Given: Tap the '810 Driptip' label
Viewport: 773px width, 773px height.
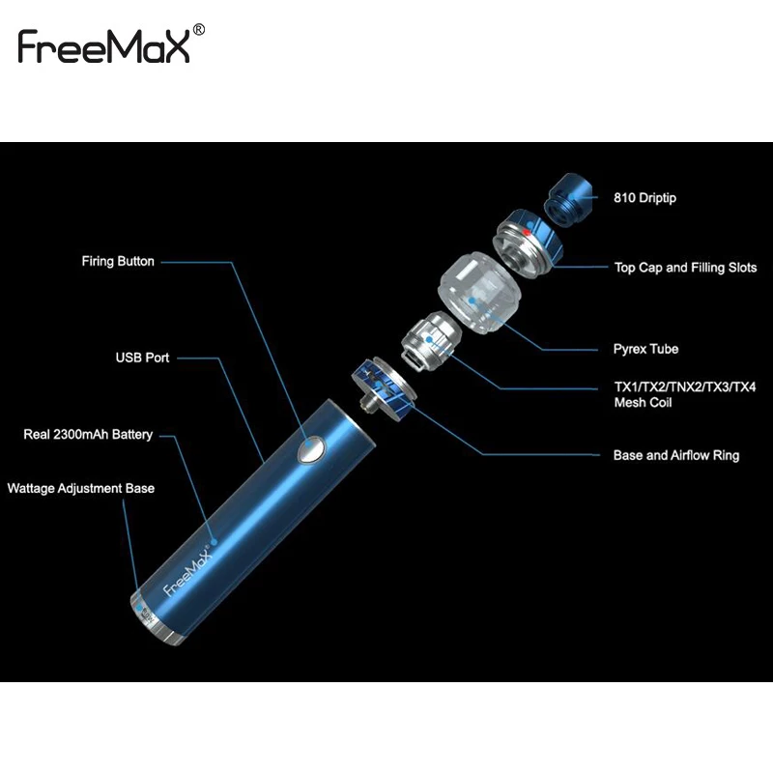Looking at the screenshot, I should [644, 198].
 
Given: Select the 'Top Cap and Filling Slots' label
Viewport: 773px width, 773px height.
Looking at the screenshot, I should [685, 268].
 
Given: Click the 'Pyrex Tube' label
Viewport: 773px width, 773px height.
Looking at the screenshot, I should [645, 349].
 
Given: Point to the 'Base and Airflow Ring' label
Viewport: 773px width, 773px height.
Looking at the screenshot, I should [676, 455].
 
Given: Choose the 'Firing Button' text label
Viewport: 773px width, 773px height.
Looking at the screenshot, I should [118, 261].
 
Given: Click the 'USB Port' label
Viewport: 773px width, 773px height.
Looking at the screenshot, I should [142, 358].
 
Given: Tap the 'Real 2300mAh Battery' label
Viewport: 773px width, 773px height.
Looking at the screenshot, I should [88, 435].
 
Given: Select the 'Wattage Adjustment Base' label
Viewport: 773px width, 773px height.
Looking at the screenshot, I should [80, 488].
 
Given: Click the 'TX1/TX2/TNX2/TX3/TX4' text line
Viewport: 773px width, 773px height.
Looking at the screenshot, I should [685, 387].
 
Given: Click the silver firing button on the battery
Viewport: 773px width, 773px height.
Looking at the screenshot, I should [311, 448].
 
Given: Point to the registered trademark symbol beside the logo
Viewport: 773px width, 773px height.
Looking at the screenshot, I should [199, 30].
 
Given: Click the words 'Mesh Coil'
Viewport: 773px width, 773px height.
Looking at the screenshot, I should [643, 403].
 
